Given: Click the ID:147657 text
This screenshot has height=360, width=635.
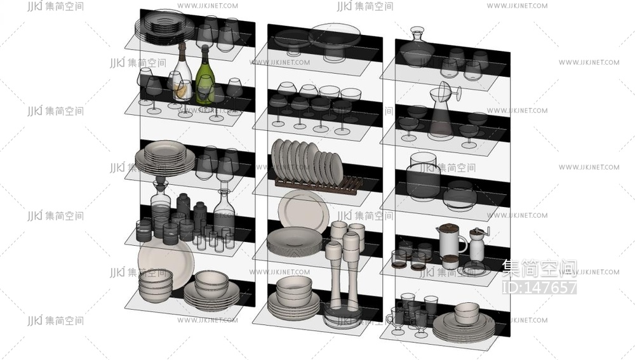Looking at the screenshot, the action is (539, 287).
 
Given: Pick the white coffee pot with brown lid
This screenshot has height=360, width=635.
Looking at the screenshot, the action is (451, 244).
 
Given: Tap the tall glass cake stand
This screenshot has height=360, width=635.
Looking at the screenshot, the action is (335, 41).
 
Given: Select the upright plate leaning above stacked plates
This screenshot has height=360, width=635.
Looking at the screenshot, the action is (303, 211).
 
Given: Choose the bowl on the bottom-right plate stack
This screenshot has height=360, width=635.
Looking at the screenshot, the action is (467, 313).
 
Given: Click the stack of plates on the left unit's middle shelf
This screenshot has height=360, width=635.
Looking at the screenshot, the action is (165, 157).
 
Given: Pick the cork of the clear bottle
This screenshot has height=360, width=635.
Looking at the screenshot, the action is (183, 48).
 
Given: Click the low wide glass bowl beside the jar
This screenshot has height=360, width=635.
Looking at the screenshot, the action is (459, 196).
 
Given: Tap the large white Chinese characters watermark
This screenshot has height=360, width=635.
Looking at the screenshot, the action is (540, 269).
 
